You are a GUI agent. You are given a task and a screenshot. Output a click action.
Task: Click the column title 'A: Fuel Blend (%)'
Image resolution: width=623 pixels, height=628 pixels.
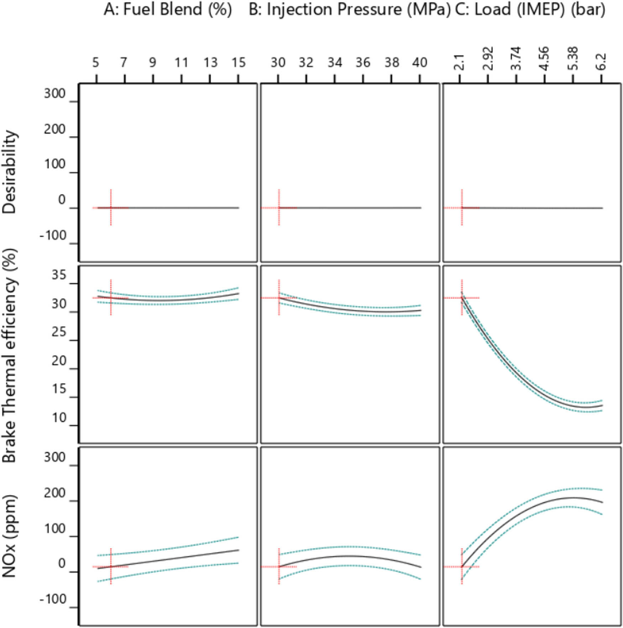tap(168, 9)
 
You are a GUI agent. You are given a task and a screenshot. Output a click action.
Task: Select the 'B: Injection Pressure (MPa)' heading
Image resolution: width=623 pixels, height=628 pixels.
tap(349, 9)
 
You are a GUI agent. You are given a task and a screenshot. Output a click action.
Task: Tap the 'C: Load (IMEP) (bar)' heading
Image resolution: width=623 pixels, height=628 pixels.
tap(530, 9)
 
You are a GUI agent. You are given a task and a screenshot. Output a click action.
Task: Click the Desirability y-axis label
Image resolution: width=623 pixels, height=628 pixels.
tap(10, 172)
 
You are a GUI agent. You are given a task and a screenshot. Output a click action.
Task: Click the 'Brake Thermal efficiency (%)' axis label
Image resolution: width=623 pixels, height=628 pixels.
tap(10, 356)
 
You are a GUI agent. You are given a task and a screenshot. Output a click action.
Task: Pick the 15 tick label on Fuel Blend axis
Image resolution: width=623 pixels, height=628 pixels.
tap(239, 63)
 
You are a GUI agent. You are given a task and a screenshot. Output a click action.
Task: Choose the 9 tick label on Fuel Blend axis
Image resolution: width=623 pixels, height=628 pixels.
tap(152, 63)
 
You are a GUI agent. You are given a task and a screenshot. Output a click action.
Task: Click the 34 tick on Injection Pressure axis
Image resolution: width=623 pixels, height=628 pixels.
tap(335, 63)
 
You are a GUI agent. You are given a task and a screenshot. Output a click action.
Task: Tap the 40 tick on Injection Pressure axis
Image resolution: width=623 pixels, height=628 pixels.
tap(420, 63)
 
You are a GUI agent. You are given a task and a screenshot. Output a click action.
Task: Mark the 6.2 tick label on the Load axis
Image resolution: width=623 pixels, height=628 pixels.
tap(602, 61)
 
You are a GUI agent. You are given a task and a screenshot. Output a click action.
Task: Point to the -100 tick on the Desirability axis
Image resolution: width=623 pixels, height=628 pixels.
tap(53, 236)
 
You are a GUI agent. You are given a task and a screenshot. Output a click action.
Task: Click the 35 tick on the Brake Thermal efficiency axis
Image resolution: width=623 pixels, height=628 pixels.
tap(59, 276)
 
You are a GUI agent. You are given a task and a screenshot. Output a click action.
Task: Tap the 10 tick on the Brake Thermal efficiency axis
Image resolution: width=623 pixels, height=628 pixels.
tap(59, 418)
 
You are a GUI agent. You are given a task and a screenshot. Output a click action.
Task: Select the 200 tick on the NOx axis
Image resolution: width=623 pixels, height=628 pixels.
tap(54, 494)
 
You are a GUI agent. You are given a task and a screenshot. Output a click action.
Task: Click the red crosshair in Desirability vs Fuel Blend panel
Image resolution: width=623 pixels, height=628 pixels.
tap(111, 208)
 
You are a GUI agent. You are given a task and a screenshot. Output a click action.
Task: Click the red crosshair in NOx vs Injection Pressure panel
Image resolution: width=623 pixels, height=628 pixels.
tap(279, 566)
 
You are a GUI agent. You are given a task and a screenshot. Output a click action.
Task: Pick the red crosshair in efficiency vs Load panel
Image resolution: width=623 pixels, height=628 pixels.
tap(462, 298)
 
